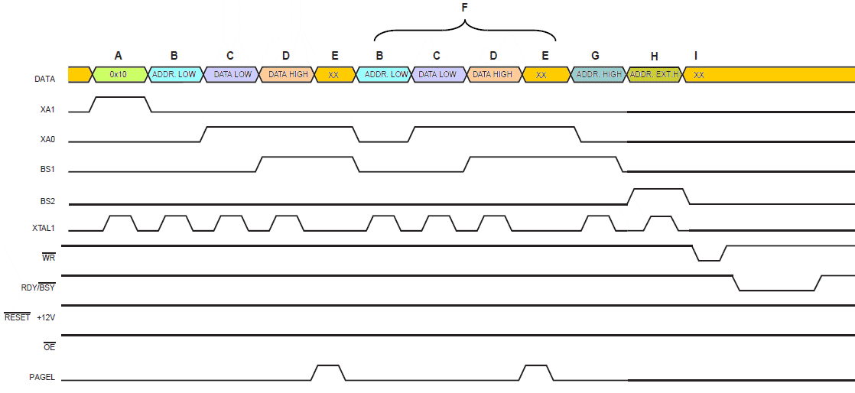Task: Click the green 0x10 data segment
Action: (119, 75)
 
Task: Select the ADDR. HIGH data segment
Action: (598, 75)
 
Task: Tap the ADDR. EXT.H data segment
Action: (654, 75)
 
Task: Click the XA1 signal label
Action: (47, 110)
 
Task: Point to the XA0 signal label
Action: (47, 140)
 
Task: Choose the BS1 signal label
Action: (47, 170)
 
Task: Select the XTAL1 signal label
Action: (44, 229)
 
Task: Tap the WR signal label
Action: (48, 258)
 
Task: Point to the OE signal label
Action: (48, 347)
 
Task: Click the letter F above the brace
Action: (464, 7)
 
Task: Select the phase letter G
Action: (596, 55)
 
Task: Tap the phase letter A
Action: (118, 55)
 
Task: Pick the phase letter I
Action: (695, 55)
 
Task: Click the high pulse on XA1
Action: (119, 98)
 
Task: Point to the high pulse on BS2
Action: (657, 189)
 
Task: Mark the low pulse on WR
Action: (709, 259)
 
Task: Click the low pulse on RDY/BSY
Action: (777, 290)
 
